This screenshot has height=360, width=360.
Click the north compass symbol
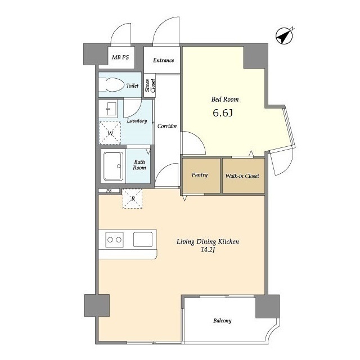[x=284, y=36]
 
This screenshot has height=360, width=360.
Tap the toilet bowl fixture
[x=111, y=85]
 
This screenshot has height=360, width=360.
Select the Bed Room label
[x=225, y=100]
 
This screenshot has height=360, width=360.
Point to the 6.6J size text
[x=223, y=113]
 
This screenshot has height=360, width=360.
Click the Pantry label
[x=200, y=175]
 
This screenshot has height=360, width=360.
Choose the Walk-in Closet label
[x=242, y=176]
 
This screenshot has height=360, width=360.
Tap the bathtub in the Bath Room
[x=113, y=166]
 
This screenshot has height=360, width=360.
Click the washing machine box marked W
[x=110, y=133]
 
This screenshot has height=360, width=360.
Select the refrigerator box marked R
[x=133, y=199]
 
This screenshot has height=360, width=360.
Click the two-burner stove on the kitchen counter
[x=114, y=240]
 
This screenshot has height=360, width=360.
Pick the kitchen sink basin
[x=143, y=240]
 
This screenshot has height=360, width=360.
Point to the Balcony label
[x=222, y=321]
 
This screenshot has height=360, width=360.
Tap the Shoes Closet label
[x=150, y=85]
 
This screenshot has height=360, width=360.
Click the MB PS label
[x=120, y=57]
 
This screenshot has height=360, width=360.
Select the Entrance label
[x=164, y=60]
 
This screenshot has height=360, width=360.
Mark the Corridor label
[x=167, y=126]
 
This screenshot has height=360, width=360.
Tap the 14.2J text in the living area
[x=208, y=250]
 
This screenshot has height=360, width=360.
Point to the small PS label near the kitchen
[x=109, y=191]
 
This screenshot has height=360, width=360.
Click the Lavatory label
[x=137, y=121]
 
